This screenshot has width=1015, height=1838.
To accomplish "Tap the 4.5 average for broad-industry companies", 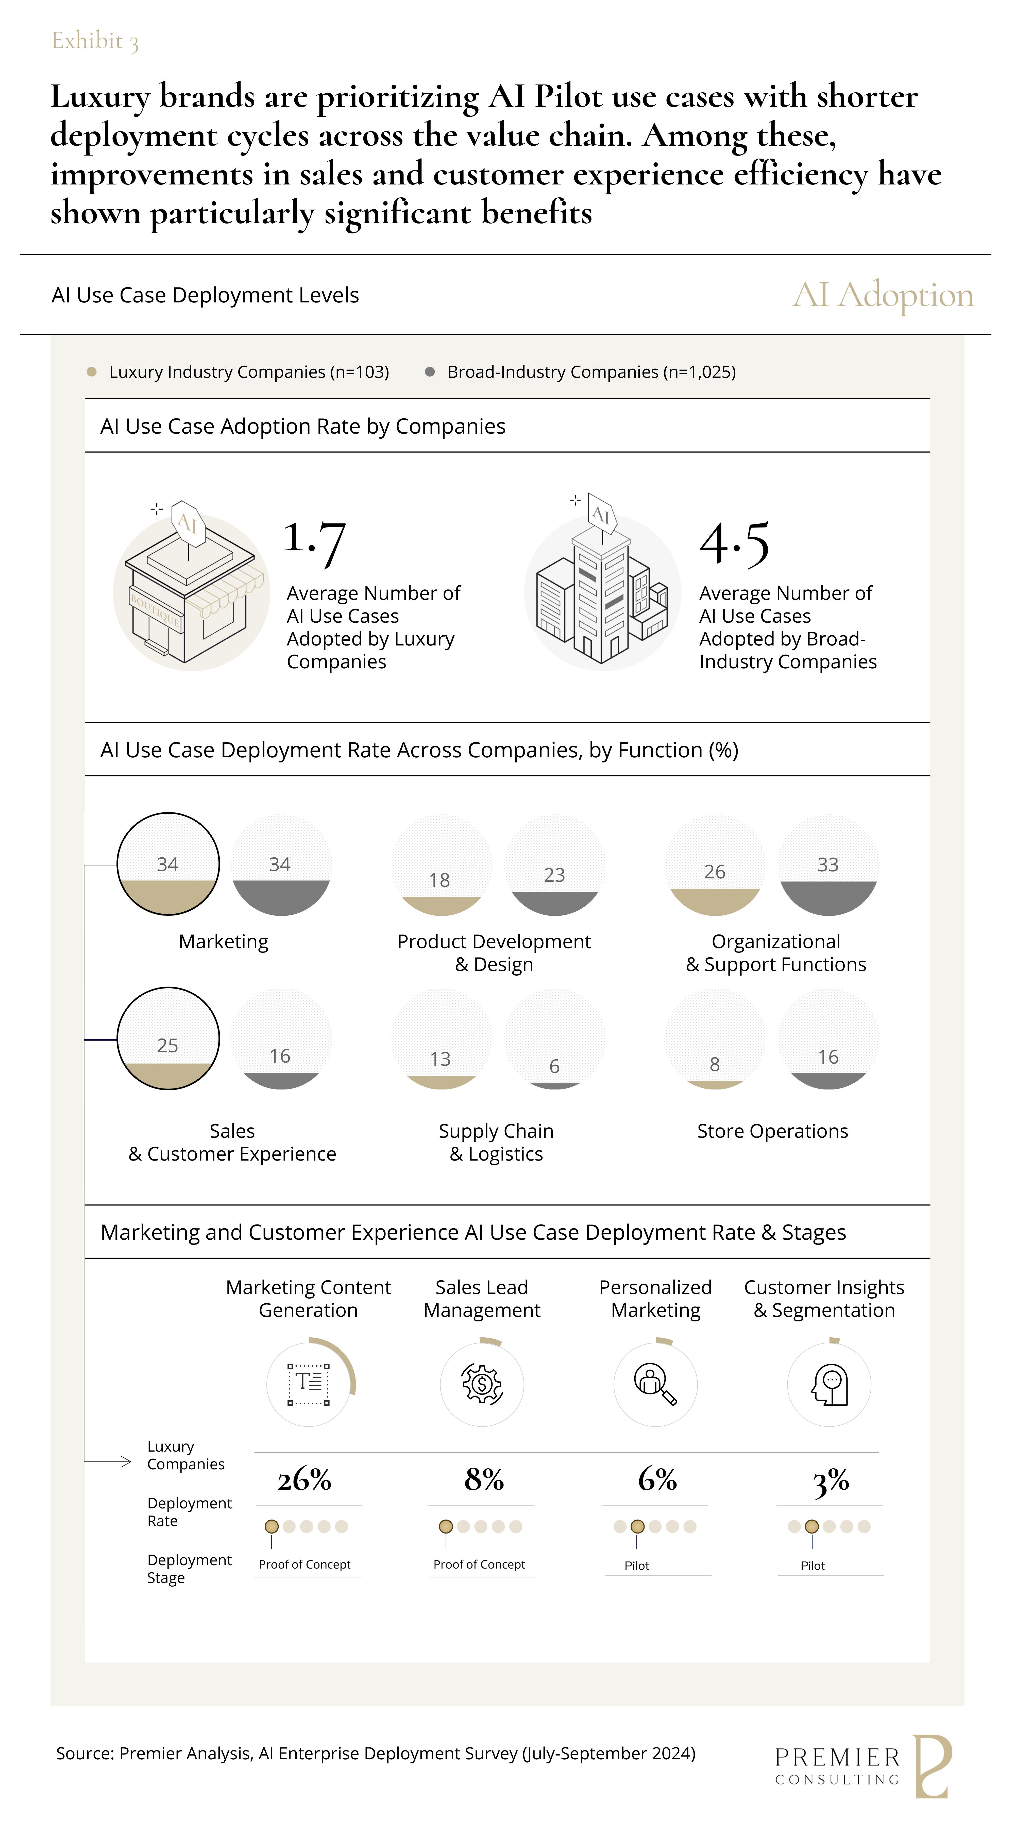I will coord(735,544).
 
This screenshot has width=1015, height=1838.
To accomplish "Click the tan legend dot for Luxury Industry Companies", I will coord(91,372).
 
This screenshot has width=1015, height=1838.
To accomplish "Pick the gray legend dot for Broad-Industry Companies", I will coord(430,372).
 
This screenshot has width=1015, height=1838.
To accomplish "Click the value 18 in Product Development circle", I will coord(440,880).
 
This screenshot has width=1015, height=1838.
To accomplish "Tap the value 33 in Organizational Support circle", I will coord(828,865).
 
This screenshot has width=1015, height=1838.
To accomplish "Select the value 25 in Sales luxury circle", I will coord(168,1045).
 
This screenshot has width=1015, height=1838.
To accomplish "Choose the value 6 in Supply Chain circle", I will coord(554,1066).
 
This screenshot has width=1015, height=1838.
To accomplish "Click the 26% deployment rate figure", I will coord(305,1480).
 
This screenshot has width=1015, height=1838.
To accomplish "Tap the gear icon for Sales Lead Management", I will coord(483,1384).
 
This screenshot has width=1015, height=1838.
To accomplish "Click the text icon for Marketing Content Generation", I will coord(309,1384).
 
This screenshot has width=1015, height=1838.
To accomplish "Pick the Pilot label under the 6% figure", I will coord(637,1565).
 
